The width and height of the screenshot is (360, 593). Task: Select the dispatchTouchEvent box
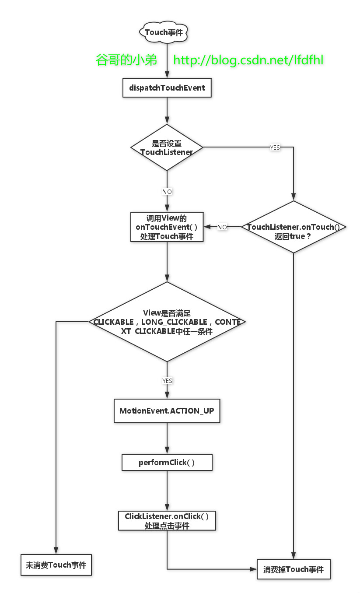167,88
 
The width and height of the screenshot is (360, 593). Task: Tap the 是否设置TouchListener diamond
167,147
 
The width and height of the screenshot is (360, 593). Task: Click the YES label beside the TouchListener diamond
275,147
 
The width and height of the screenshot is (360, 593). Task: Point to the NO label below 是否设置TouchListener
167,192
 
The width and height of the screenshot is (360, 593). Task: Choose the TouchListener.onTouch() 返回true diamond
294,227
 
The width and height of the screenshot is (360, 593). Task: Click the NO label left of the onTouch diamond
222,227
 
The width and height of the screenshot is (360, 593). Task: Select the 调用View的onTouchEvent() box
167,227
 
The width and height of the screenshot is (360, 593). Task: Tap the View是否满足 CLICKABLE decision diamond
167,322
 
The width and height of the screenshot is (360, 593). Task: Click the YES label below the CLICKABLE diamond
167,381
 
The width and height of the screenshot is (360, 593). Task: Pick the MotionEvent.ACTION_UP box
167,411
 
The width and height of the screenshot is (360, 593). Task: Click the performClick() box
167,463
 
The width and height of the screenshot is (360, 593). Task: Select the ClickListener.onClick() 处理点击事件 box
167,521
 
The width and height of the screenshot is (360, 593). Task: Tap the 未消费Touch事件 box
56,565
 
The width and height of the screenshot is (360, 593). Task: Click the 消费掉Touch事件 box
294,569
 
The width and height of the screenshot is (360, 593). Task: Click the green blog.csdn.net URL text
248,60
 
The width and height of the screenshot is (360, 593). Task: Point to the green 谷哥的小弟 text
126,60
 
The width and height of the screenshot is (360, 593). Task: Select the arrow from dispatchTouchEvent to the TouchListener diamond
167,111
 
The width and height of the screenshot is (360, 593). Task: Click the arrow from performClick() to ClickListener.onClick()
167,491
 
